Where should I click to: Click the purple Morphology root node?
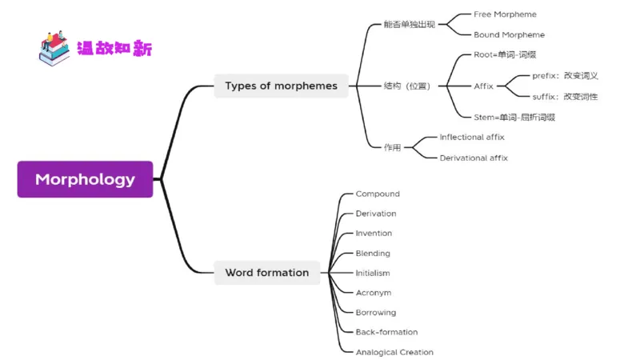click(x=85, y=179)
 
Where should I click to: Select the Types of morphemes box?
click(x=281, y=86)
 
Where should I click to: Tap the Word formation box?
click(x=266, y=273)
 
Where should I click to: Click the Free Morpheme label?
click(x=505, y=14)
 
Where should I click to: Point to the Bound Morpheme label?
click(x=509, y=34)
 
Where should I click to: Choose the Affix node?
click(x=483, y=86)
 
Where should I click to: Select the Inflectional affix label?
click(x=472, y=138)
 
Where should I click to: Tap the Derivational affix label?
click(x=474, y=158)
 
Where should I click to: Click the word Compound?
click(x=378, y=194)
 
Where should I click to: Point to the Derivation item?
click(x=376, y=214)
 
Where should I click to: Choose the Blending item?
click(x=373, y=254)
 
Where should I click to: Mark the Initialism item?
click(x=373, y=273)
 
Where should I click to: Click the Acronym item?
click(x=374, y=293)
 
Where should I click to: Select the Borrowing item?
click(x=376, y=313)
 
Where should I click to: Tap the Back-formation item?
click(x=386, y=332)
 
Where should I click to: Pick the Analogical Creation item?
click(x=394, y=352)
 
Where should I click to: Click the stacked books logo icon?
click(x=54, y=48)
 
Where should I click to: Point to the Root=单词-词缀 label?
click(x=505, y=55)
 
